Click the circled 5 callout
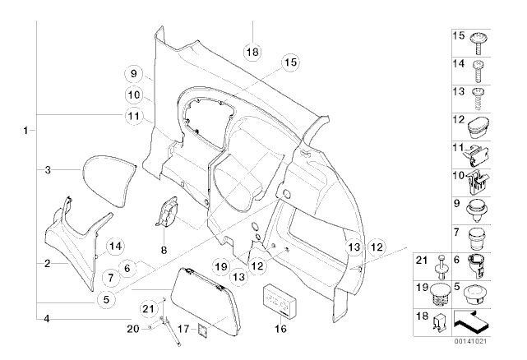pos(105,300)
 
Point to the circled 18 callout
pos(252,51)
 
